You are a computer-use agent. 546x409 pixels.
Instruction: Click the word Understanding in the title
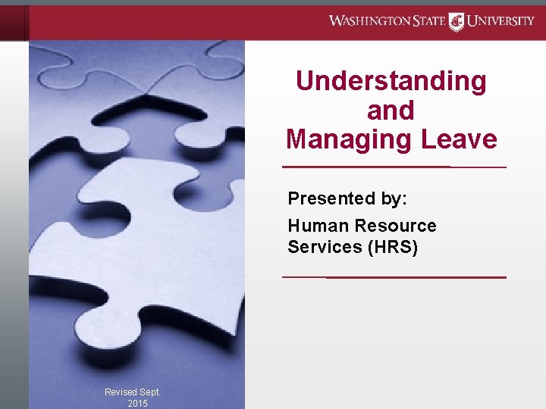coord(391,81)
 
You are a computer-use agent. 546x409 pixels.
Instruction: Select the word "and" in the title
coord(391,111)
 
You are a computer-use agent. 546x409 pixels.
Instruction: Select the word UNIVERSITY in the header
coord(500,20)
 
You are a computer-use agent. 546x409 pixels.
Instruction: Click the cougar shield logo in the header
coord(457,21)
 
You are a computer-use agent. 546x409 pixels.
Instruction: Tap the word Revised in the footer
coord(121,392)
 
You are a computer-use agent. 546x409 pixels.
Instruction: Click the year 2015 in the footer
coord(138,404)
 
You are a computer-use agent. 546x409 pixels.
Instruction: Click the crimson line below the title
coord(394,167)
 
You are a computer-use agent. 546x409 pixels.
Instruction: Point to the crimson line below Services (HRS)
coord(394,277)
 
